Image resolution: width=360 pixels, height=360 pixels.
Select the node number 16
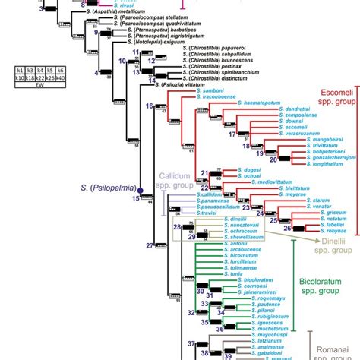(150, 107)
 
